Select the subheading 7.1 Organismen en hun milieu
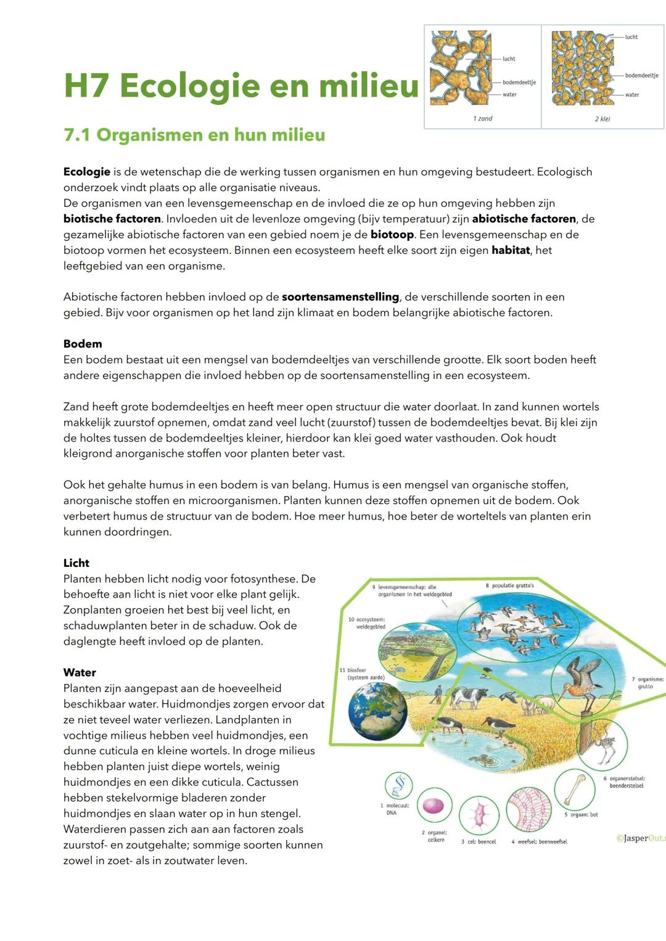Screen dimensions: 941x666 pyautogui.click(x=194, y=135)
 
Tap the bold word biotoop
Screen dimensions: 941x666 pyautogui.click(x=392, y=235)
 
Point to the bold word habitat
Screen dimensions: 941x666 pyautogui.click(x=511, y=250)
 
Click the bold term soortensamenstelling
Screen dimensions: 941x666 pyautogui.click(x=340, y=297)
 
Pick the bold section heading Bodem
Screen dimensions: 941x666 pyautogui.click(x=83, y=344)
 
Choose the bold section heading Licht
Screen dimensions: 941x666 pyautogui.click(x=76, y=563)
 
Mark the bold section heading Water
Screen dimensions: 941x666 pyautogui.click(x=80, y=673)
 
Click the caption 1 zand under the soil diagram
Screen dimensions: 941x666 pyautogui.click(x=483, y=118)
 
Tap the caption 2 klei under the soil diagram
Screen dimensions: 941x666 pyautogui.click(x=602, y=119)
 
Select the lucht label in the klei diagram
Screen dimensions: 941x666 pyautogui.click(x=631, y=37)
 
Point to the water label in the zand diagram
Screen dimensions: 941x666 pyautogui.click(x=509, y=95)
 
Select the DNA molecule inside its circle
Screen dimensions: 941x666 pyautogui.click(x=398, y=786)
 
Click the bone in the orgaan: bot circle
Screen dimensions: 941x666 pyautogui.click(x=574, y=790)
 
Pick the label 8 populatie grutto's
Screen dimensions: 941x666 pyautogui.click(x=510, y=585)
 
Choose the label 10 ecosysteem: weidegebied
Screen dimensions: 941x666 pyautogui.click(x=367, y=623)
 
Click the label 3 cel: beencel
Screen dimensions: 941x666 pyautogui.click(x=479, y=842)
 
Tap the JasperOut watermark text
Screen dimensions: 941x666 pyautogui.click(x=641, y=838)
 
